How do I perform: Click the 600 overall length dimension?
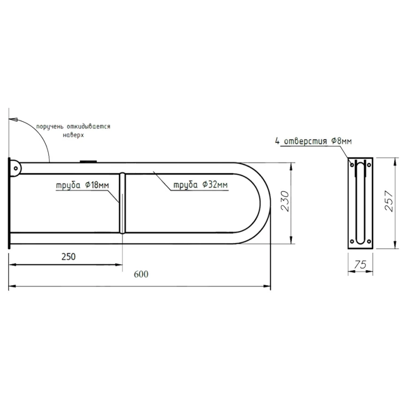pos(141,274)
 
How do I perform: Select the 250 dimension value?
pos(69,257)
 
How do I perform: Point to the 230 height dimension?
pos(285,202)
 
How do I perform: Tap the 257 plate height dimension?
pos(389,201)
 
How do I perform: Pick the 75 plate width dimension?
pos(360,265)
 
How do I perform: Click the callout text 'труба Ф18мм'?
pos(83,185)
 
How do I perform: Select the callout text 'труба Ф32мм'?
pos(200,185)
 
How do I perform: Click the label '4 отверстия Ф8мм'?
pos(313,141)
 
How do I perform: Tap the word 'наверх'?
pos(73,135)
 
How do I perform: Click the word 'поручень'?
pos(49,127)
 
